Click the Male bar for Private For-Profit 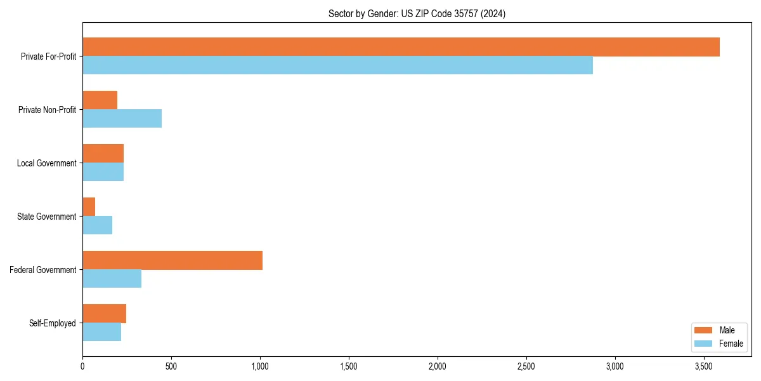pos(401,47)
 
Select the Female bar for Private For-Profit pos(337,65)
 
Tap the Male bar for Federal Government pos(172,260)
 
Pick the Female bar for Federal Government pos(112,279)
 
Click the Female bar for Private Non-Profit pos(122,119)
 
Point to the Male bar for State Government pos(89,207)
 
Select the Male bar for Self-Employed pos(104,314)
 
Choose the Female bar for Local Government pos(103,172)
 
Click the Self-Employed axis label pos(53,323)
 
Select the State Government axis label pos(47,217)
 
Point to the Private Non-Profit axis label pos(48,110)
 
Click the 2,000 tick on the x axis pos(438,367)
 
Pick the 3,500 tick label pos(703,367)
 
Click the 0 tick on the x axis pos(82,367)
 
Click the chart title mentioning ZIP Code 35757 pos(417,13)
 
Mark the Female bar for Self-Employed pos(101,332)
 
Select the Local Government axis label pos(47,163)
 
